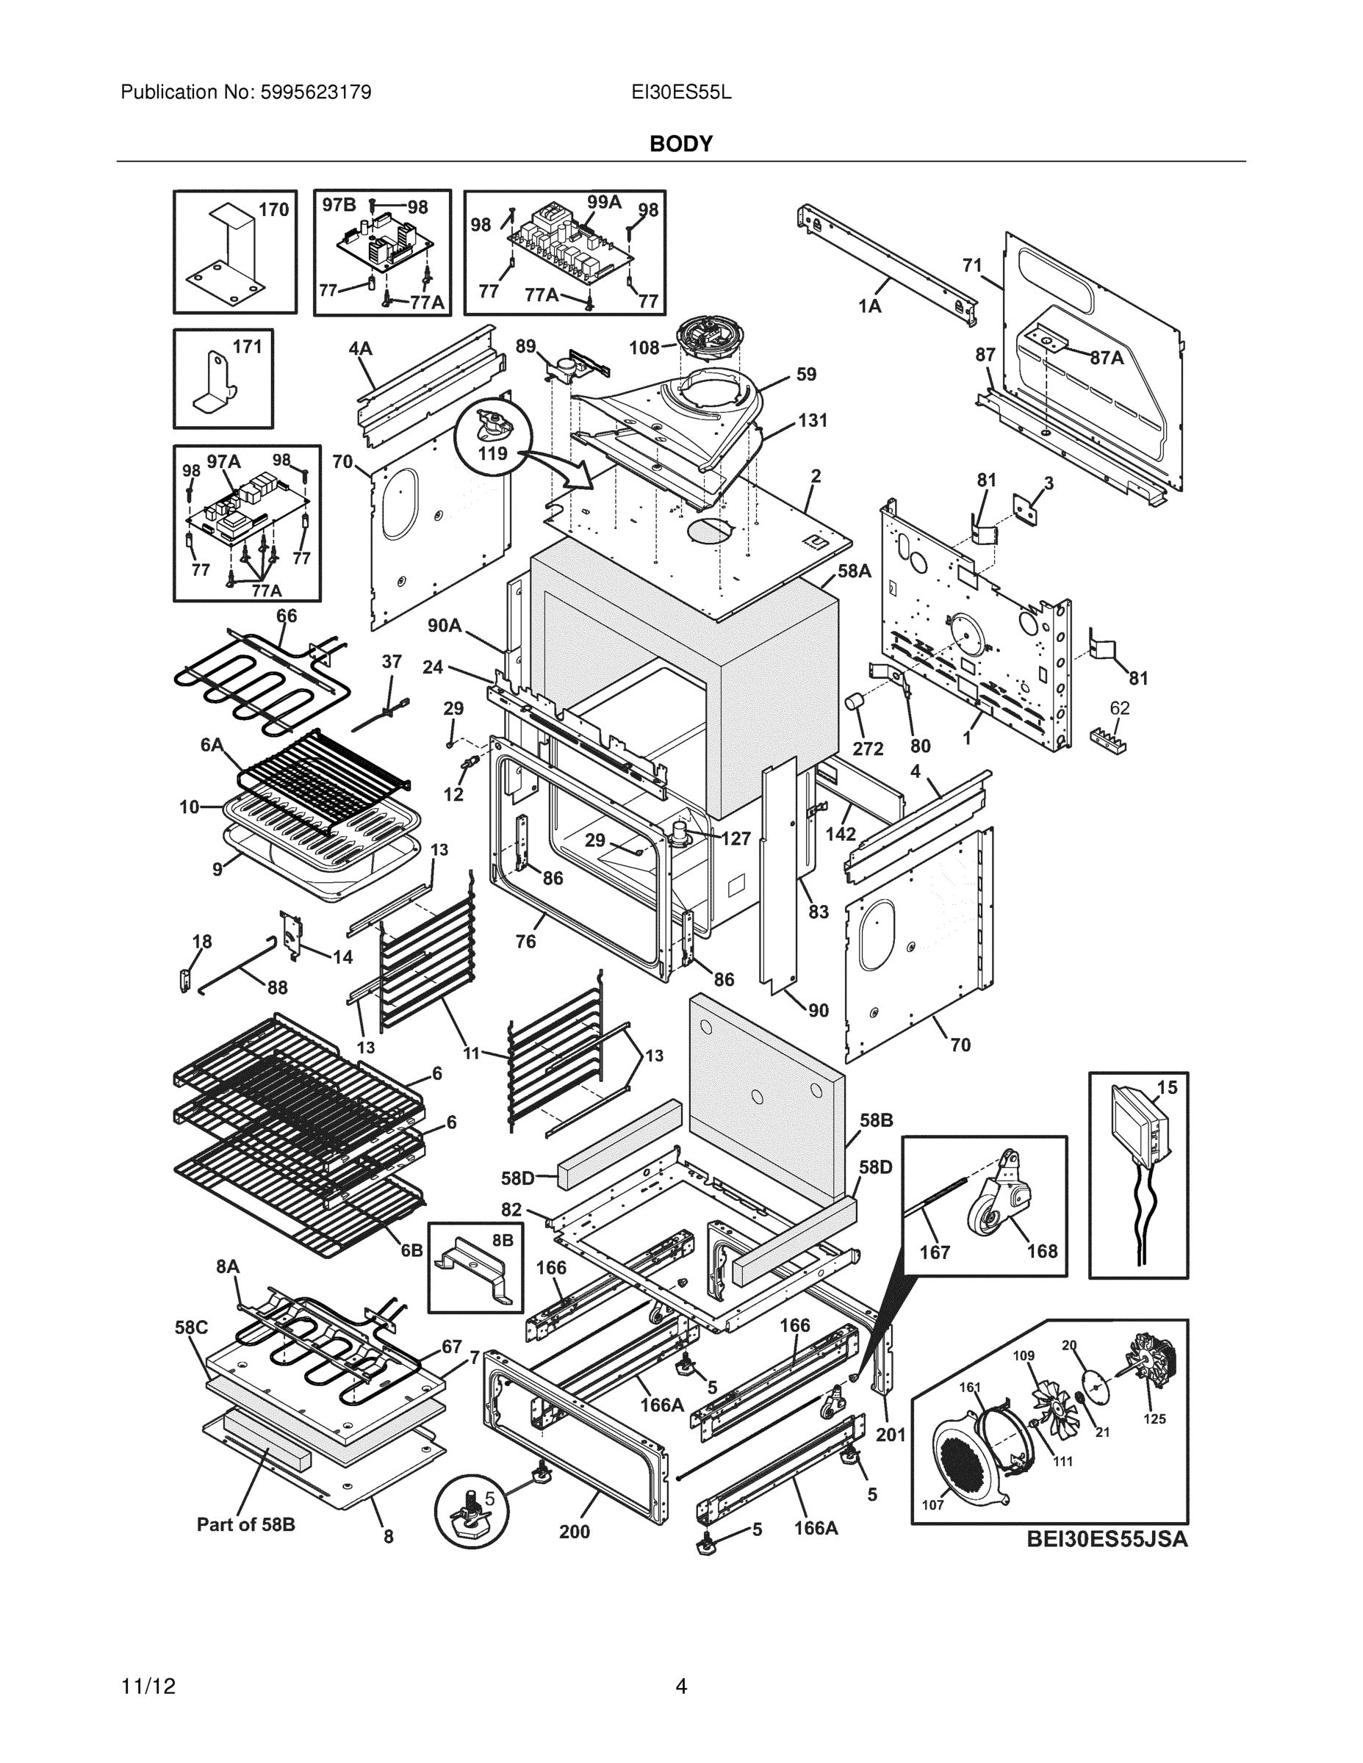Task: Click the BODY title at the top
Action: [680, 144]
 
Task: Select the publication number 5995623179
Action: [316, 93]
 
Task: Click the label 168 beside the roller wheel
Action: [1042, 1250]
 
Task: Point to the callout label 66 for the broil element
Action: [287, 616]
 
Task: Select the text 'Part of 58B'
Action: [246, 1524]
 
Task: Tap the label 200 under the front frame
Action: [574, 1532]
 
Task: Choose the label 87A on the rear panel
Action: [1107, 358]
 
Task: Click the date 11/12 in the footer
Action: [148, 1687]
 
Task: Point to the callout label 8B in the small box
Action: [503, 1240]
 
